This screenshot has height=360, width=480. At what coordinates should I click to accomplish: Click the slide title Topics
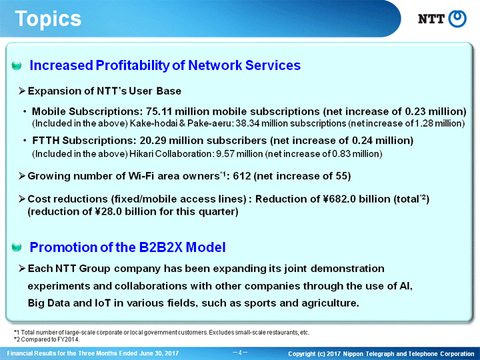(48, 19)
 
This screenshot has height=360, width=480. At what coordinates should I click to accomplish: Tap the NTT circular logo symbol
(457, 19)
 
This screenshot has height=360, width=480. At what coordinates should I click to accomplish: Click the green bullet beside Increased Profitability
(17, 65)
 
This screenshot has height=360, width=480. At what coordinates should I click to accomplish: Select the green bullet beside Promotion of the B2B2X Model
(17, 247)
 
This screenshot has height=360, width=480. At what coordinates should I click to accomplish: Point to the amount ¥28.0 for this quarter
(107, 211)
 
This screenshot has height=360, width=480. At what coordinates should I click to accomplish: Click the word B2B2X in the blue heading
(161, 247)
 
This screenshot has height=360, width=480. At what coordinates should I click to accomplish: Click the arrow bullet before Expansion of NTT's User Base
(22, 91)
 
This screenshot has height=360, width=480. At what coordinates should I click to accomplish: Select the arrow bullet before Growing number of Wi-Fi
(22, 176)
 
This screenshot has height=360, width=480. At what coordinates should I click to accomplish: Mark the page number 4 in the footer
(240, 353)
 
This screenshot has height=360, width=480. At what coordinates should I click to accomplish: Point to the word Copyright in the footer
(301, 354)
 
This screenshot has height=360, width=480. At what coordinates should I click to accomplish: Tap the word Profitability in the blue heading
(132, 65)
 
